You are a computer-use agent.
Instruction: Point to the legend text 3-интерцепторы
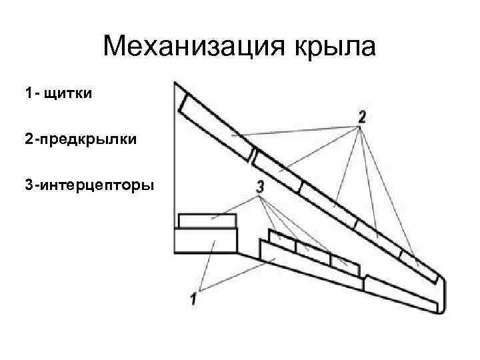89,183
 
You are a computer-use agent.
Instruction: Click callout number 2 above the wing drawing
362,117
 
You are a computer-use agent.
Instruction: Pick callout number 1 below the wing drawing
193,300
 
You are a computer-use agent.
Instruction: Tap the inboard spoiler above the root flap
207,221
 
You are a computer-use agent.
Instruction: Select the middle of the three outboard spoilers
313,252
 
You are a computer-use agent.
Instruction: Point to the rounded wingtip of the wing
441,283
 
